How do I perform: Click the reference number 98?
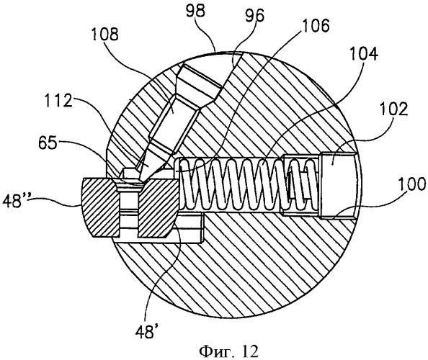(x=195, y=12)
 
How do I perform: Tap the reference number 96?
(x=254, y=17)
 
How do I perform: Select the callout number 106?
(x=316, y=25)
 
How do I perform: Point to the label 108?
(x=104, y=35)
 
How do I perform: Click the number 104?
(x=364, y=54)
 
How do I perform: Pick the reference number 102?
(x=394, y=109)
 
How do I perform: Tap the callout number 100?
(x=411, y=184)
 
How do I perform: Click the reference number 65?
(x=48, y=143)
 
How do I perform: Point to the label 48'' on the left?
(x=16, y=201)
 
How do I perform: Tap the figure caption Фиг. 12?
(x=228, y=351)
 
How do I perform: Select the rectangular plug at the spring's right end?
(x=337, y=186)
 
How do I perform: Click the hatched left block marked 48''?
(x=100, y=207)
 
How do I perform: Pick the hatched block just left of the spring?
(x=158, y=208)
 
